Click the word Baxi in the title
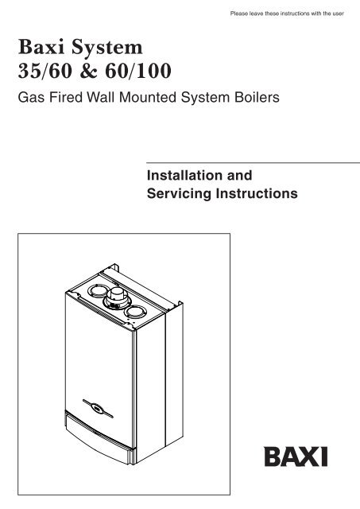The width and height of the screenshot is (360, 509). pyautogui.click(x=41, y=47)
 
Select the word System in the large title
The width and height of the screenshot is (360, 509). pyautogui.click(x=107, y=49)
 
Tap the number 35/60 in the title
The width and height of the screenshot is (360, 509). pyautogui.click(x=45, y=71)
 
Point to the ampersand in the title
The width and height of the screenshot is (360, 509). pyautogui.click(x=88, y=71)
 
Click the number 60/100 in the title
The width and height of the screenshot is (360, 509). pyautogui.click(x=138, y=71)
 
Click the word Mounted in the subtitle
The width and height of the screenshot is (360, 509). pyautogui.click(x=148, y=97)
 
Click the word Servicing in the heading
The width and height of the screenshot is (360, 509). pyautogui.click(x=179, y=193)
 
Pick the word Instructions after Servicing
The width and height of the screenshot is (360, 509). pyautogui.click(x=257, y=193)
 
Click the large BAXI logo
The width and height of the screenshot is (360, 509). pyautogui.click(x=296, y=457)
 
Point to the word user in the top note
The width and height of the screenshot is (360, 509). pyautogui.click(x=338, y=14)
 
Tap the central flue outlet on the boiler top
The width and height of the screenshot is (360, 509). pyautogui.click(x=117, y=299)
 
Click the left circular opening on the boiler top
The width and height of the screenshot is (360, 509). pyautogui.click(x=99, y=291)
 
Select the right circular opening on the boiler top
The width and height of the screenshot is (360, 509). pyautogui.click(x=135, y=312)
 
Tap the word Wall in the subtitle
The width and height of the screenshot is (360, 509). pyautogui.click(x=101, y=97)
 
